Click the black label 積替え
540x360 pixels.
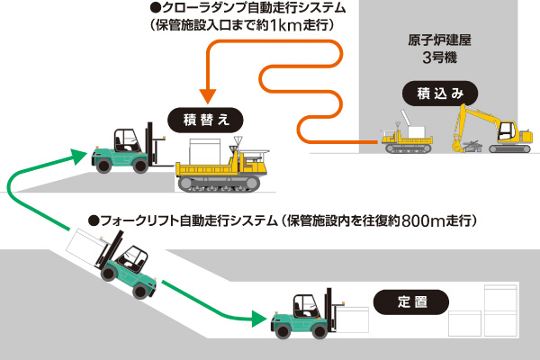pos(206,119)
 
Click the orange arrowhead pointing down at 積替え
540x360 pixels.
pos(206,93)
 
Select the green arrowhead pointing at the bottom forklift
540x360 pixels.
pos(259,319)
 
